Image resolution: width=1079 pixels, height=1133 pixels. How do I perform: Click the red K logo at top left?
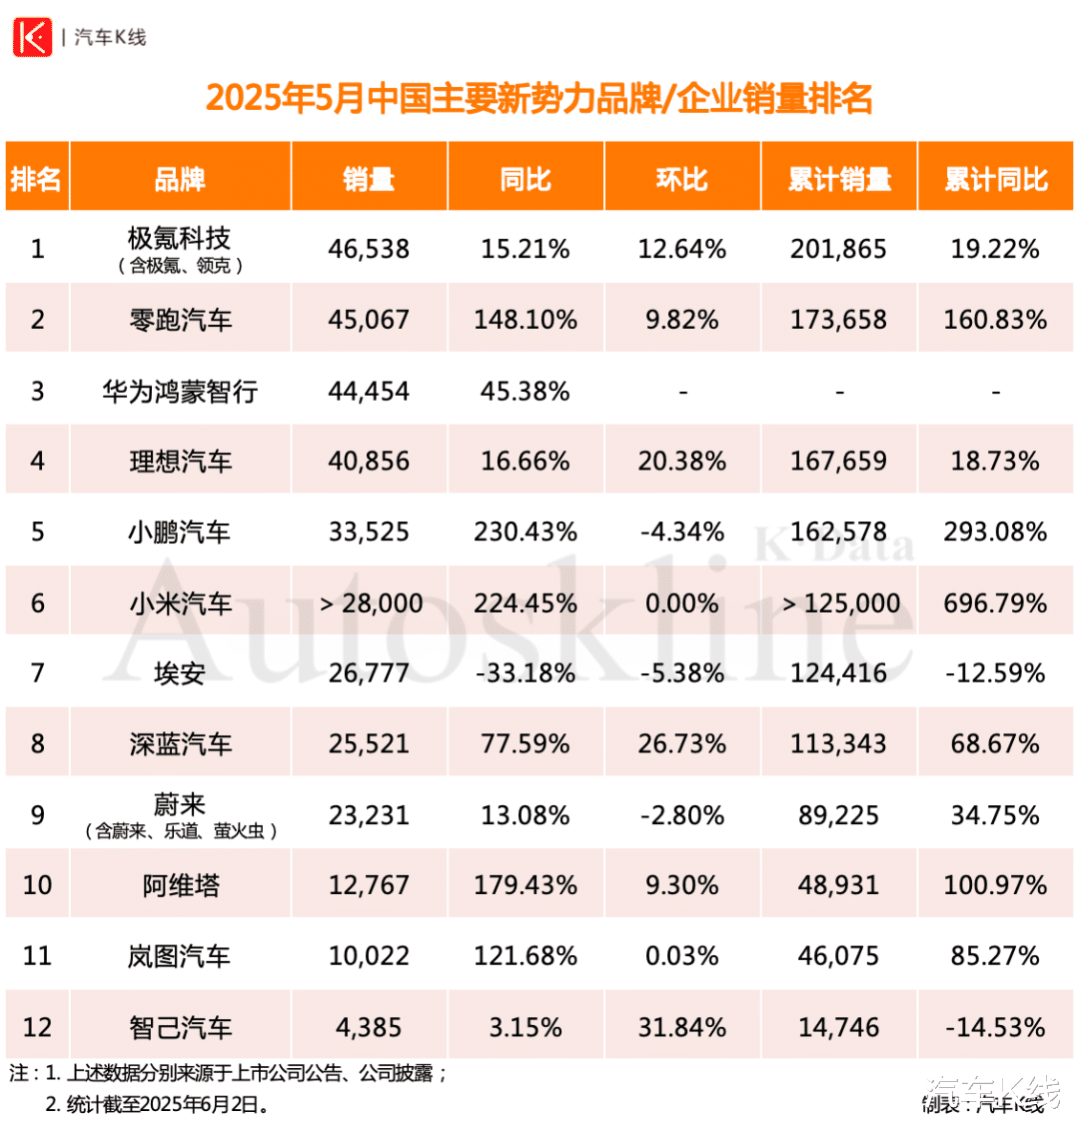coord(31,37)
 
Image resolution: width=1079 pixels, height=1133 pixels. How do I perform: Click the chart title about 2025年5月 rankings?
coord(539,100)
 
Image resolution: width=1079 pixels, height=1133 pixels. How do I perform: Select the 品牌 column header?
coord(180,179)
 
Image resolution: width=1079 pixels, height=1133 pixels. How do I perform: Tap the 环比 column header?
coord(682,179)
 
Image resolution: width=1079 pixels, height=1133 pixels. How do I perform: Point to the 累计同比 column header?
coord(995,179)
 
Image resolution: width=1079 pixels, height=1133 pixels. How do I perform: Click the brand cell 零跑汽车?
coord(181,320)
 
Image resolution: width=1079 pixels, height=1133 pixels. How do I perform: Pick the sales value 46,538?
coord(369,249)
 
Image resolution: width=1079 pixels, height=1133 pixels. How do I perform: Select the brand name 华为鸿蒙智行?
coord(181,391)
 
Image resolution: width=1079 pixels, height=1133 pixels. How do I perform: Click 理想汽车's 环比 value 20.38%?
coord(682,462)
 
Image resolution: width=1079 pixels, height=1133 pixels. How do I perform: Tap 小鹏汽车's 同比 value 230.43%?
coord(526,533)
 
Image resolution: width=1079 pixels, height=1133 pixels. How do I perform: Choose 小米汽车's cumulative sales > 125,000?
coord(839,603)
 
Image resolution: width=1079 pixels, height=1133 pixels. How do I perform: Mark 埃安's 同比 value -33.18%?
coord(526,674)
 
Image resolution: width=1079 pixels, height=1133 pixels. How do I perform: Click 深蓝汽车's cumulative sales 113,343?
coord(839,745)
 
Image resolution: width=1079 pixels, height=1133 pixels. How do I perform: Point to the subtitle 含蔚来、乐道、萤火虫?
coord(181,831)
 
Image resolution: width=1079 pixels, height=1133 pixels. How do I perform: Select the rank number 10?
coord(37,886)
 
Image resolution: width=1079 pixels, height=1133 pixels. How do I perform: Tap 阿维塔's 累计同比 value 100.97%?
coord(995,886)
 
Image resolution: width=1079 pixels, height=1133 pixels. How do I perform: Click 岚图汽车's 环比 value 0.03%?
coord(682,957)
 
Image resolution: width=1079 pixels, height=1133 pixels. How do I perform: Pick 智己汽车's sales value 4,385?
coord(369,1028)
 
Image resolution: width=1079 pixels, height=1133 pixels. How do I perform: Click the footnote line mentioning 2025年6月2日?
coord(156,1104)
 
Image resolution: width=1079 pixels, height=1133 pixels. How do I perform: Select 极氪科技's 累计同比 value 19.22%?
coord(995,249)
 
